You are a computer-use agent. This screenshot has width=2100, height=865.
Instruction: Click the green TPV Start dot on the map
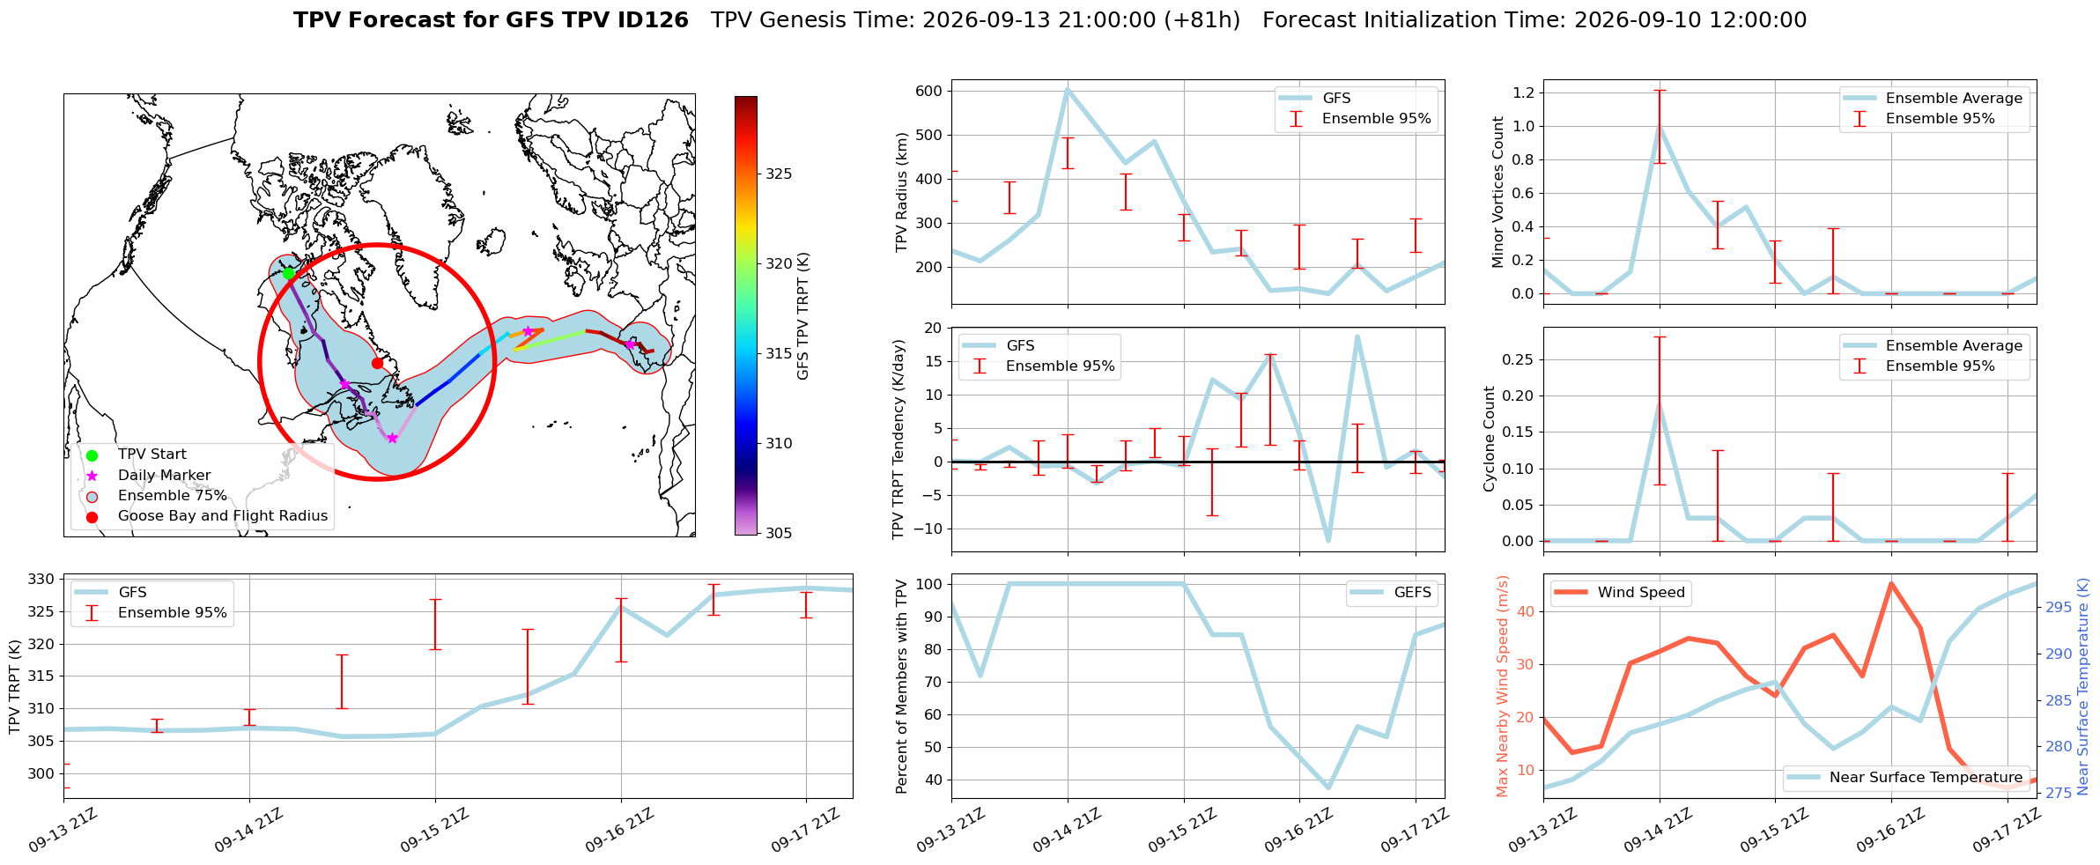pos(288,273)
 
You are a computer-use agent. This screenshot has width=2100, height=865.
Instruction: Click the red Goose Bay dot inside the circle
pos(377,363)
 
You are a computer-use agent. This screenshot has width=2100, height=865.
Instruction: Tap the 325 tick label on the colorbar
pos(779,174)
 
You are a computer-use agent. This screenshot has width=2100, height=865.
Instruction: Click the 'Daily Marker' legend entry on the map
pos(164,476)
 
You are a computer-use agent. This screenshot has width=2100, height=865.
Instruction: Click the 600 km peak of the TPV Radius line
pos(1068,89)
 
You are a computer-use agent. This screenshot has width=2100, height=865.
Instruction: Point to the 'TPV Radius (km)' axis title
pos(901,192)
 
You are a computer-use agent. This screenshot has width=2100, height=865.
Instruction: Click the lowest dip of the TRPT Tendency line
pos(1328,541)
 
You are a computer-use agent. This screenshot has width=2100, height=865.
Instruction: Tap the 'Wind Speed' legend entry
pos(1620,593)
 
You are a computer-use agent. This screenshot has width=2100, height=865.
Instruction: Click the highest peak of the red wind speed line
pos(1891,583)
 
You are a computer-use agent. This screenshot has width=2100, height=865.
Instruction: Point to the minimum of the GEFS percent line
pos(1328,787)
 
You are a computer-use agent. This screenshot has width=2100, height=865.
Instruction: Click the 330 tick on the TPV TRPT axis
pos(42,580)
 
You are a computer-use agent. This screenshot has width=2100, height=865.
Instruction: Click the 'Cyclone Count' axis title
pos(1490,439)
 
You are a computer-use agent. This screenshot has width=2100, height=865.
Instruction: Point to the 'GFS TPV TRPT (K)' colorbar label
pos(802,316)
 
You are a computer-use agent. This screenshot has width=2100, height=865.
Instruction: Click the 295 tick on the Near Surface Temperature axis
pos(2059,607)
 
